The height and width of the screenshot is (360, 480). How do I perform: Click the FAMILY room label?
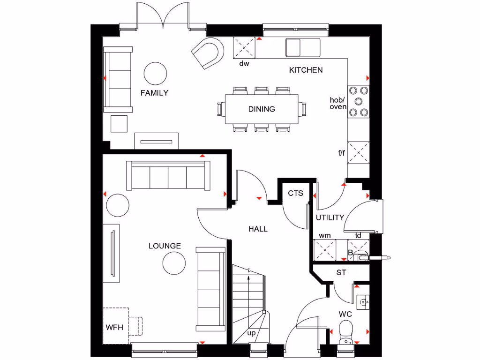(154, 93)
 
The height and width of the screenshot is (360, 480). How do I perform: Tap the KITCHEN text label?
(306, 70)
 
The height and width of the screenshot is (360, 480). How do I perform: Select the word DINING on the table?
(262, 109)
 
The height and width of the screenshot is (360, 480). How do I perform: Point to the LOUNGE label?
(165, 246)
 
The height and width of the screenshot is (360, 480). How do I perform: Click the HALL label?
(258, 229)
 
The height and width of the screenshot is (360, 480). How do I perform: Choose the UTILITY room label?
(330, 217)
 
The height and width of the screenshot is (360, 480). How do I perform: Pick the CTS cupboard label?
(295, 193)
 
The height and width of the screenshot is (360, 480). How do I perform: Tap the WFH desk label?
(114, 327)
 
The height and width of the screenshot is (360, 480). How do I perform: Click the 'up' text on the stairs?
(252, 333)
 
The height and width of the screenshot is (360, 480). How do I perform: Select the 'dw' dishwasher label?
(244, 63)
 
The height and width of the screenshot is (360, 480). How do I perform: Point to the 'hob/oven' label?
(337, 103)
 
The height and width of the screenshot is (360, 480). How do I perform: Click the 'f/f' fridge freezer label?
(341, 152)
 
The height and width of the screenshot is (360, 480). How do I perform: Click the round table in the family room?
(156, 73)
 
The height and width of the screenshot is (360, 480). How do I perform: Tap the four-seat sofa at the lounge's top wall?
(168, 176)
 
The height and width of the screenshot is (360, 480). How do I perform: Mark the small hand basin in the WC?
(362, 302)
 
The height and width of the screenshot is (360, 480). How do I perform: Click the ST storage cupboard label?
(341, 272)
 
